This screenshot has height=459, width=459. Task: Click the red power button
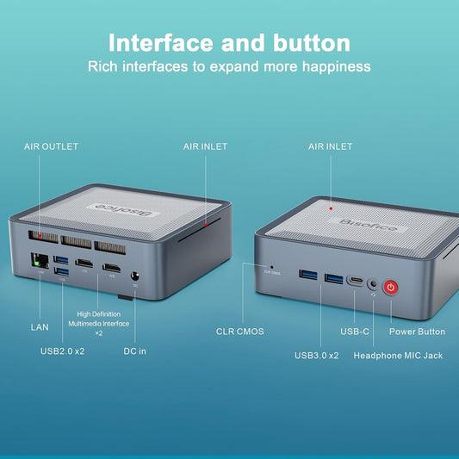391,287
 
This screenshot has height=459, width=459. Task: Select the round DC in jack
135,278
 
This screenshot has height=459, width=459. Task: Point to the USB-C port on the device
355,280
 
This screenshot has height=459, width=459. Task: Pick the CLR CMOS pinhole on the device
273,266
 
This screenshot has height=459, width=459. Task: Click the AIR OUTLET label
51,146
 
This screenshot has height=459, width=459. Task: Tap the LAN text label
40,327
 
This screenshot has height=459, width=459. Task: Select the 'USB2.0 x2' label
63,350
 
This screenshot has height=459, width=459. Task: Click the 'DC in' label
136,350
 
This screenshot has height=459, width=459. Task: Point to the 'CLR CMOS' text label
239,331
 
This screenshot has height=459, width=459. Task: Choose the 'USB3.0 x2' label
317,355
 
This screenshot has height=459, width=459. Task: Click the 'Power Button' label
418,331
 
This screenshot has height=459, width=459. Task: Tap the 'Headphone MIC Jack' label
398,355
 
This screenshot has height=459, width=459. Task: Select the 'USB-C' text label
355,331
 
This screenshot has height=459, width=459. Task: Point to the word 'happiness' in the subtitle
332,66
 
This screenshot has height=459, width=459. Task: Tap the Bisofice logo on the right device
349,226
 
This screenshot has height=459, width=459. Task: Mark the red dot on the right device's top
331,207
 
